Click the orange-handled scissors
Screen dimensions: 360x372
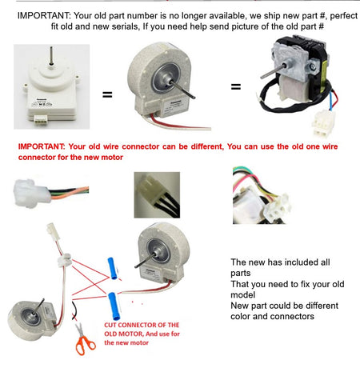84,342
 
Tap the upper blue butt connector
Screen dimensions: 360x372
112,268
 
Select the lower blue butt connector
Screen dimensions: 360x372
114,306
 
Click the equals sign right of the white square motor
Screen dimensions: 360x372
107,94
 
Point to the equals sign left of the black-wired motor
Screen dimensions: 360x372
236,86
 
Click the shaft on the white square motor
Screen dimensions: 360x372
50,55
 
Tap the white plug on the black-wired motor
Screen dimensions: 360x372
323,123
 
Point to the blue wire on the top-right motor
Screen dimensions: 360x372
332,101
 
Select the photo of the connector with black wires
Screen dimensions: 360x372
157,195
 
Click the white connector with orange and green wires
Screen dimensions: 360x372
31,193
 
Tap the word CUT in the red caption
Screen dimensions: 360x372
110,325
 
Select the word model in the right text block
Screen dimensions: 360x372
242,295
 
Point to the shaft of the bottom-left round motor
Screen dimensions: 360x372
38,307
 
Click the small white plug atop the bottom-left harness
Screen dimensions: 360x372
51,230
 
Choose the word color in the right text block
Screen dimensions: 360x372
241,317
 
